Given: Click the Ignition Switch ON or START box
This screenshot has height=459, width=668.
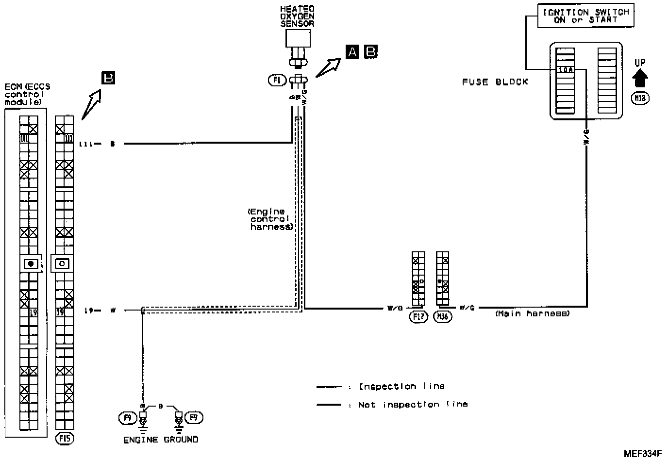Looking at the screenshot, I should click(x=585, y=16).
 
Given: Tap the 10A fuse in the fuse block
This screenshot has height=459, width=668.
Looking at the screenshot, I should click(x=566, y=69).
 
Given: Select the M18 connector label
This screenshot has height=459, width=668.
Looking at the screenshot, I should click(x=640, y=98).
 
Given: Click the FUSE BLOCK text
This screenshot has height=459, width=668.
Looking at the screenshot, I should click(x=495, y=82).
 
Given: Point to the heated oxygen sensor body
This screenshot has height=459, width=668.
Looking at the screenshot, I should click(x=298, y=39).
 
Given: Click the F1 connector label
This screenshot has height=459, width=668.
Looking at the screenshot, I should click(x=277, y=80).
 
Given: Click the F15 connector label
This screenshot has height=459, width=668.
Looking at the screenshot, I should click(x=65, y=439).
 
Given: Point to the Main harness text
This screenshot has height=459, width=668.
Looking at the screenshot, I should click(x=532, y=314).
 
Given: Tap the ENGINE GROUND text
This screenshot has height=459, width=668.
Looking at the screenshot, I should click(x=161, y=440).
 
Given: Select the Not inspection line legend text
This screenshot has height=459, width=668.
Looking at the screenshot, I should click(x=413, y=404).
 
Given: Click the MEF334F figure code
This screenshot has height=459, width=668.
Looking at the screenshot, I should click(x=643, y=454).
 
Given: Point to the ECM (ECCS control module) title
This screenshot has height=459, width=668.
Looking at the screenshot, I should click(x=27, y=95).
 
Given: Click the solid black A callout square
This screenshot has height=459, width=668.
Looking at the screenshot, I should click(x=352, y=51).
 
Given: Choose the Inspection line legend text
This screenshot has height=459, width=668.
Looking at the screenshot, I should click(x=401, y=387).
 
